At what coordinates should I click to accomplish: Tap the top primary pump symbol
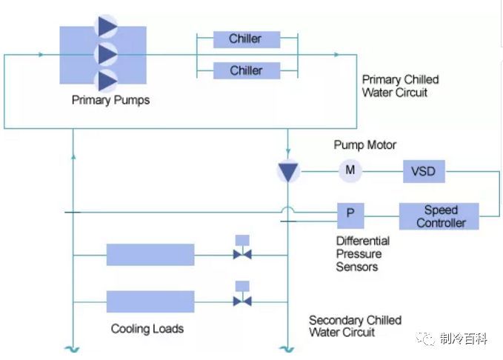point(107,26)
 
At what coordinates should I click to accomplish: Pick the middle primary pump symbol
point(107,53)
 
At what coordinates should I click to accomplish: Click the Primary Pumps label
point(110,100)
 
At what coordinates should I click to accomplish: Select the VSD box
point(423,172)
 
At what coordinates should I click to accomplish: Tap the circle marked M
point(350,171)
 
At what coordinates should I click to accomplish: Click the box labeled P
point(350,216)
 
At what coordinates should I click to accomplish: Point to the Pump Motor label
point(364,145)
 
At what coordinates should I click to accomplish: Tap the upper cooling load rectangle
point(150,255)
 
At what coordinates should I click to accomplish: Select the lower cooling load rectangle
point(150,301)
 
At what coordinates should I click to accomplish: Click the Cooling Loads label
point(147,329)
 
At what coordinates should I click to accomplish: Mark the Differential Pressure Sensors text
point(363,254)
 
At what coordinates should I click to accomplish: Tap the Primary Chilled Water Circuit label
point(400,86)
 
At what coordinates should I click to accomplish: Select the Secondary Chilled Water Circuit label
point(355,327)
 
